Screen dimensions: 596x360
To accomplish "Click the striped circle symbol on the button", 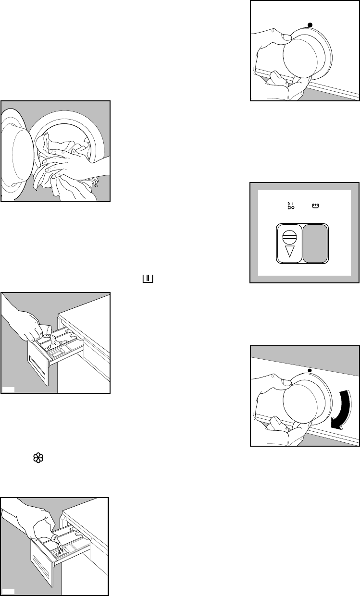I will tap(288, 235).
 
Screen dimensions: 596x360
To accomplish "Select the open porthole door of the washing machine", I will tap(14, 148).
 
